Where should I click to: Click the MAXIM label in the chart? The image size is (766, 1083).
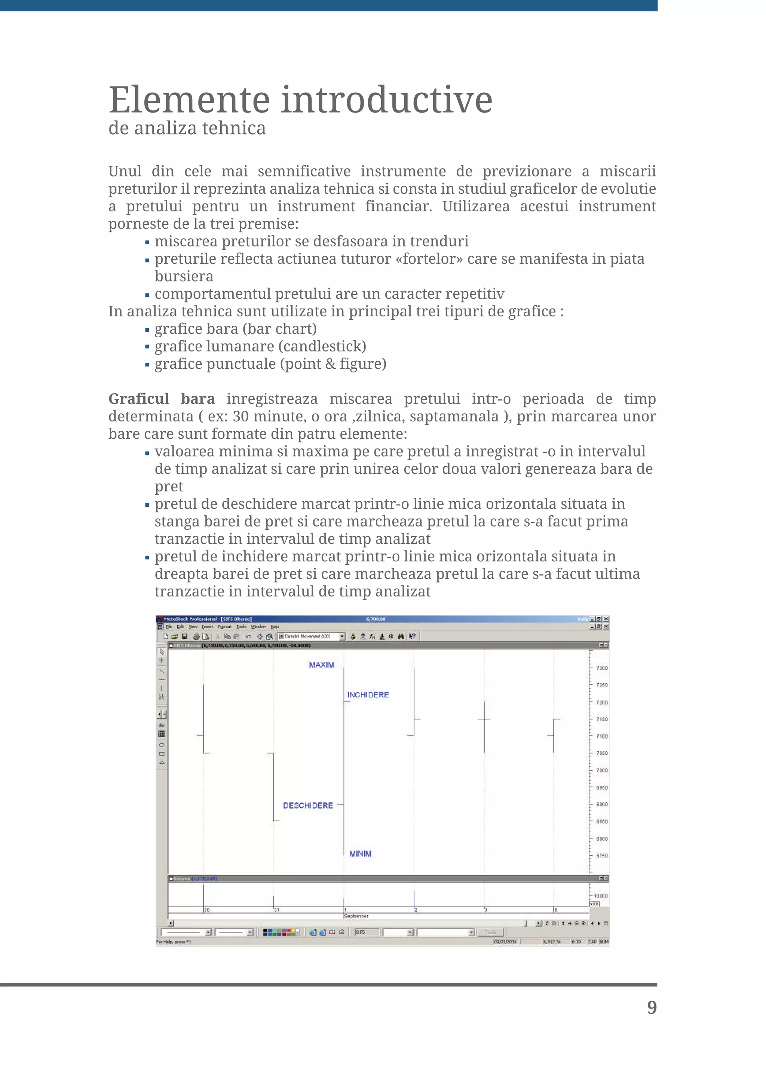point(321,665)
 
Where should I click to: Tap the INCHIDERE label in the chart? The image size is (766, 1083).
point(368,695)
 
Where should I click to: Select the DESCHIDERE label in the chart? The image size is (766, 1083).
point(308,806)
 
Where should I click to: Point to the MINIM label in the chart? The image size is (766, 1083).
point(360,854)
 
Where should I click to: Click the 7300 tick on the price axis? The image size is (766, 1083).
point(602,668)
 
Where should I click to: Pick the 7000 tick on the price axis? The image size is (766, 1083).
point(602,770)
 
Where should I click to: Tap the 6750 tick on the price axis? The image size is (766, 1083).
point(602,856)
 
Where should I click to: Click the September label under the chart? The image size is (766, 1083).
point(356,916)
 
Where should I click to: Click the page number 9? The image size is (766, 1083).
point(652,1007)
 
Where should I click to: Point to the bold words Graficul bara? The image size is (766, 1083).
point(161,399)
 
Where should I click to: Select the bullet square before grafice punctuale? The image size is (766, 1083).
point(147,365)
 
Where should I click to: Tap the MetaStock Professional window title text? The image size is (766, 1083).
point(208,619)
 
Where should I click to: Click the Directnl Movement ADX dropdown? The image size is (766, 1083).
point(312,636)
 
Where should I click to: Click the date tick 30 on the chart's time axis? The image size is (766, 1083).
point(206,910)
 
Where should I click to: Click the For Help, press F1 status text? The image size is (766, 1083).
point(174,942)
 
